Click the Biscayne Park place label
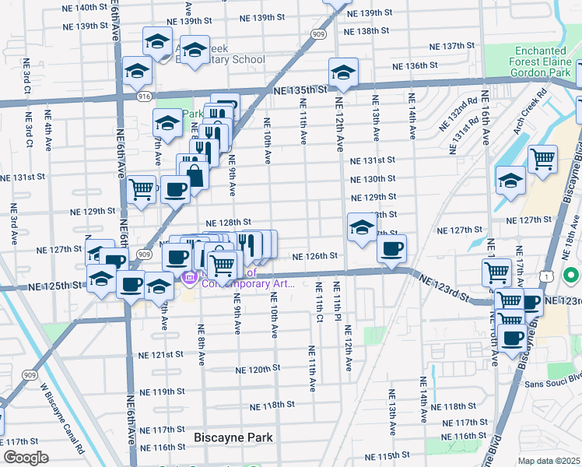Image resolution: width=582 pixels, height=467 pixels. tap(233, 437)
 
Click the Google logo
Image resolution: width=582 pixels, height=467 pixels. tap(26, 458)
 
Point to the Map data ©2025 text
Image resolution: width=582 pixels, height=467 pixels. tap(549, 461)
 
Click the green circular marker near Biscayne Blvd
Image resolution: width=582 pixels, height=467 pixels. tap(570, 276)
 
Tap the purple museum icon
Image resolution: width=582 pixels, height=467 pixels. tap(188, 278)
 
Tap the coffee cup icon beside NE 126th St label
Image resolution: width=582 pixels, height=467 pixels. tap(391, 248)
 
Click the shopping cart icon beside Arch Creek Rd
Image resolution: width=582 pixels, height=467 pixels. tap(542, 159)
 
